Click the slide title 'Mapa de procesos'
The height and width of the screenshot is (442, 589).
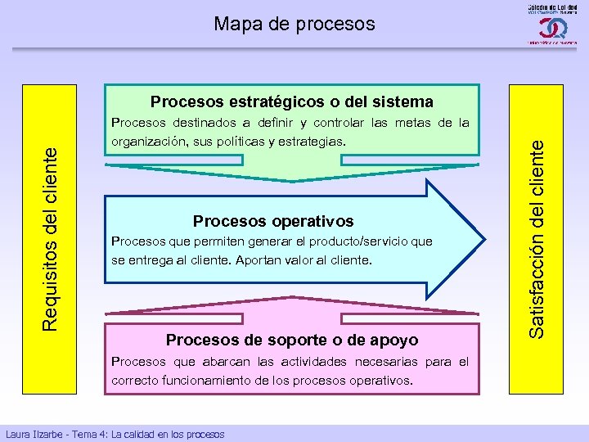(294, 24)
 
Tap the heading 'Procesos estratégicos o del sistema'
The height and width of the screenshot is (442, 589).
(291, 102)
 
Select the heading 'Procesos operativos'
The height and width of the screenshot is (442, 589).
(273, 221)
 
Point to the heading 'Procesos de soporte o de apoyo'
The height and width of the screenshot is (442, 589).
(292, 340)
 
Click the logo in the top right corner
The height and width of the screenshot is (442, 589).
(547, 25)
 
